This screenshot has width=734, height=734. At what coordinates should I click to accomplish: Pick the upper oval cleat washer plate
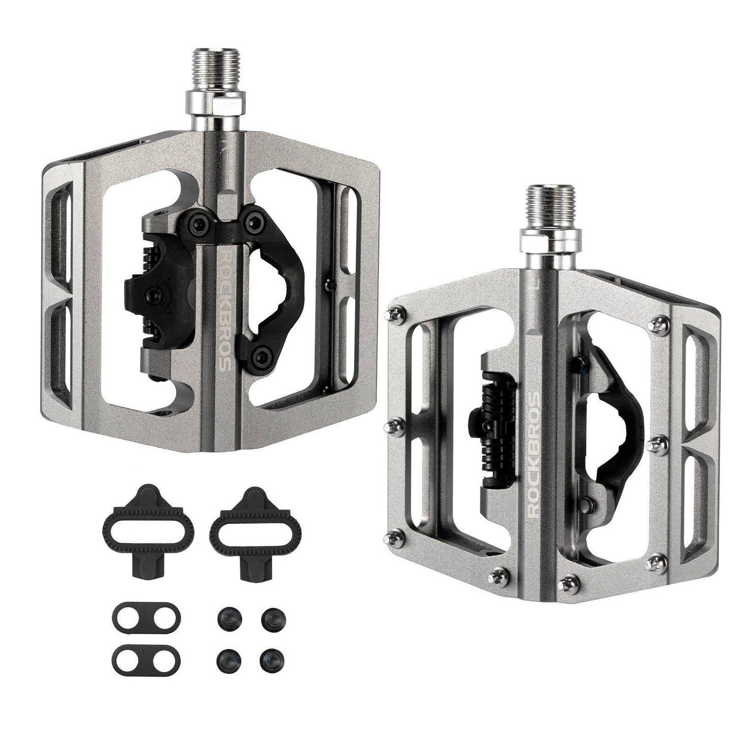pos(145,615)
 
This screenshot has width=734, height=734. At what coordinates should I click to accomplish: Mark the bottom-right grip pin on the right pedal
pos(652,563)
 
